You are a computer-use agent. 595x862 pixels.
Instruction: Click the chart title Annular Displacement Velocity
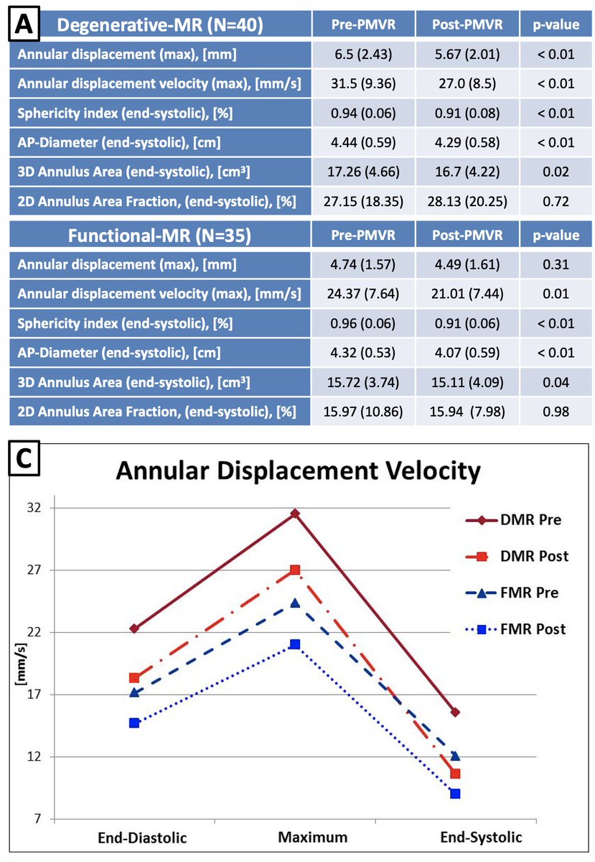[x=298, y=471]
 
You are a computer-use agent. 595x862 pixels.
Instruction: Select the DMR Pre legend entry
[x=513, y=520]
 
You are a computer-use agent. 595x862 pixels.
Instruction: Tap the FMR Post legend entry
[x=515, y=629]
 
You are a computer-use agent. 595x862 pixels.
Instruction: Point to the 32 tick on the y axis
[x=34, y=508]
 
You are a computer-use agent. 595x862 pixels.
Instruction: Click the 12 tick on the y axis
[x=34, y=756]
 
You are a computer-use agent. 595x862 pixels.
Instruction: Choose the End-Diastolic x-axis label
[x=142, y=838]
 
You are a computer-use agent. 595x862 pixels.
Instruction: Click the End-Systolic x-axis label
[x=481, y=838]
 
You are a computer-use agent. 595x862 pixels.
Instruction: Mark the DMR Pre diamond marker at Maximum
[x=295, y=514]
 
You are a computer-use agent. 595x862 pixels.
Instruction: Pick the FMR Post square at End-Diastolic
[x=134, y=723]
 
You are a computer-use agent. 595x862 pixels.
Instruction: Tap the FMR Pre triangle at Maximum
[x=295, y=603]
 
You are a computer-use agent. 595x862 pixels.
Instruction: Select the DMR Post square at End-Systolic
[x=455, y=774]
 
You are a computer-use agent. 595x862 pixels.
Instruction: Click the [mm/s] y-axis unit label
[x=20, y=664]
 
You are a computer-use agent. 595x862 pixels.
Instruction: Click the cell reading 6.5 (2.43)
[x=363, y=55]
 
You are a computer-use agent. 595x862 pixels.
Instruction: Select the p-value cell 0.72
[x=556, y=201]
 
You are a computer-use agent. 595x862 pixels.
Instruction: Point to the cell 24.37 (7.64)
[x=363, y=294]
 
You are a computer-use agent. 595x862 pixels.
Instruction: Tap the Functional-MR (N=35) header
[x=159, y=236]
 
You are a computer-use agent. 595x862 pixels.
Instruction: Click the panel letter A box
[x=24, y=24]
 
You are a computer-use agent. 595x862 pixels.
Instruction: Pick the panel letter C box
[x=24, y=458]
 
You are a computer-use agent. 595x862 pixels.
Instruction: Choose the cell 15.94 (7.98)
[x=467, y=412]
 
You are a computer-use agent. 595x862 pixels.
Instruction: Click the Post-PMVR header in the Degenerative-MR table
[x=467, y=24]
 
